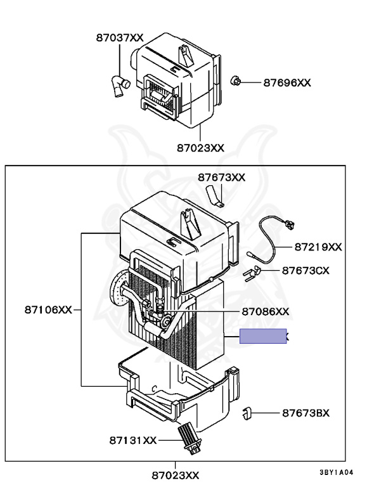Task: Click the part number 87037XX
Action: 120,37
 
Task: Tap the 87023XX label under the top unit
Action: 200,148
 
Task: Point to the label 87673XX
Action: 221,178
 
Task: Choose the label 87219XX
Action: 318,247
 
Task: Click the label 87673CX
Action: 306,270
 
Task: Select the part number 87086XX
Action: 265,311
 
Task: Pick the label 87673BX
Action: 306,413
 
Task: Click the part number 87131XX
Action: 132,439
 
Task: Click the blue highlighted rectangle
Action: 263,337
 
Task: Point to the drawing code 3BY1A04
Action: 335,472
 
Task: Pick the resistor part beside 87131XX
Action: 189,438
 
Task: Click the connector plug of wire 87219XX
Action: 290,223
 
